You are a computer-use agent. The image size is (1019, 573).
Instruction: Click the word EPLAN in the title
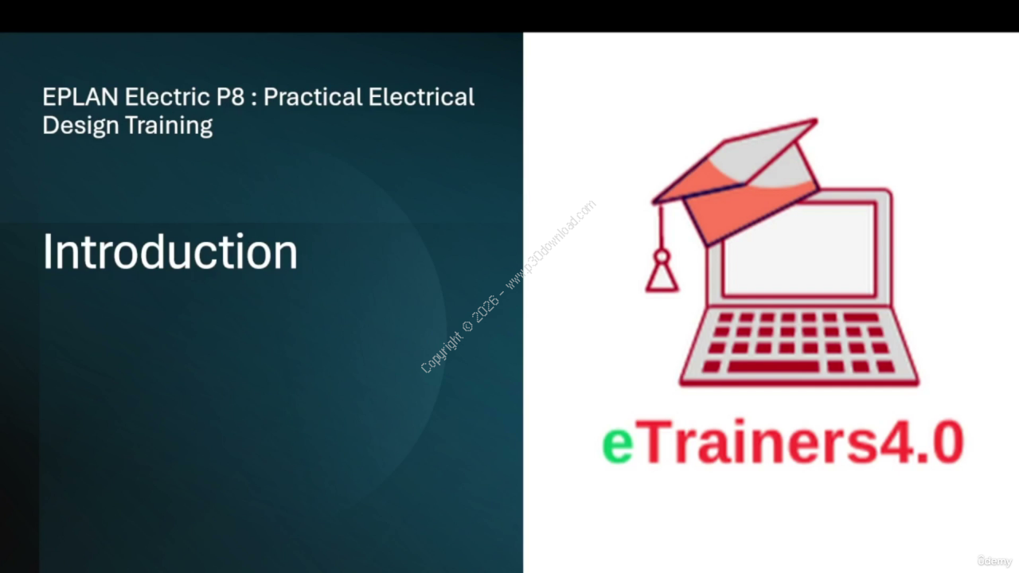point(80,97)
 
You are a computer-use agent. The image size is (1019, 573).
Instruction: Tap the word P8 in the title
point(231,97)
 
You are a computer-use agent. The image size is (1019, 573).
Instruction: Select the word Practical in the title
point(313,97)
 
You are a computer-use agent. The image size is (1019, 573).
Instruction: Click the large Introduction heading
point(170,251)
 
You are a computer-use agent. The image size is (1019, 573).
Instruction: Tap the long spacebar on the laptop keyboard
point(773,367)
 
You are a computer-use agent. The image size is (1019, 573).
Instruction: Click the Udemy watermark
point(994,561)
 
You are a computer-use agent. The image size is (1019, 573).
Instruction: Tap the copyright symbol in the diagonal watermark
point(467,326)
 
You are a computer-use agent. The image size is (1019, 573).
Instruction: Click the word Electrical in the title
point(421,97)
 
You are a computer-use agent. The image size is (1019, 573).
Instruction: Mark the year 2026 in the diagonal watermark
point(486,308)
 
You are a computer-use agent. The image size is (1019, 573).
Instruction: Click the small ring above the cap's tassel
point(662,256)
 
